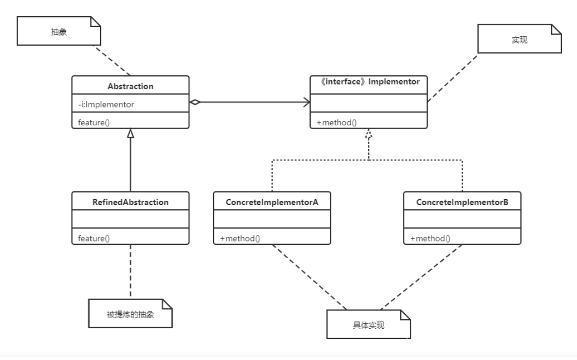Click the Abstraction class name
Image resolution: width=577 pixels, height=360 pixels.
point(130,86)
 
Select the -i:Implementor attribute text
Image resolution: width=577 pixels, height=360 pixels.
point(106,104)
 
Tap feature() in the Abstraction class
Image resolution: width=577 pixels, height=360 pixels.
point(94,123)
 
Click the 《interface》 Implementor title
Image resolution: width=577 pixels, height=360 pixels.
point(369,82)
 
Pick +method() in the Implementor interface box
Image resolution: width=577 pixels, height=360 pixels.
point(337,123)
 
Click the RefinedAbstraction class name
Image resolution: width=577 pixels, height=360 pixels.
point(130,202)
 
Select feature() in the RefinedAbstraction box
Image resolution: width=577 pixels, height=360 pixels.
point(94,238)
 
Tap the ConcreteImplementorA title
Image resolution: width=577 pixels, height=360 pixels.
point(272,202)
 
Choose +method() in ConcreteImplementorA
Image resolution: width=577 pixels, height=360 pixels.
point(240,238)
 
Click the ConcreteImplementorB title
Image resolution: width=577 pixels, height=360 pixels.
point(462,202)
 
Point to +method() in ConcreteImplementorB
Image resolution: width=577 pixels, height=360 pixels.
point(430,238)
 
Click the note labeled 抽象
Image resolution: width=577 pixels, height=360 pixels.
point(59,31)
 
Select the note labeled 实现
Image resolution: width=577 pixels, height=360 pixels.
point(519,39)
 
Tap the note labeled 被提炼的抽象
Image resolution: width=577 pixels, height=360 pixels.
point(130,314)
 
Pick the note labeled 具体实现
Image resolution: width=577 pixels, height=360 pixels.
point(369,324)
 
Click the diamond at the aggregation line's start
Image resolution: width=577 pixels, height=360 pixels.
point(195,102)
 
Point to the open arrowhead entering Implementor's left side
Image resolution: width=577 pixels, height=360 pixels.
point(307,102)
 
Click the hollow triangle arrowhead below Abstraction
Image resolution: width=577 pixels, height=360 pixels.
point(130,133)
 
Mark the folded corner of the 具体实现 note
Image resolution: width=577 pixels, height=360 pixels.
point(405,315)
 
